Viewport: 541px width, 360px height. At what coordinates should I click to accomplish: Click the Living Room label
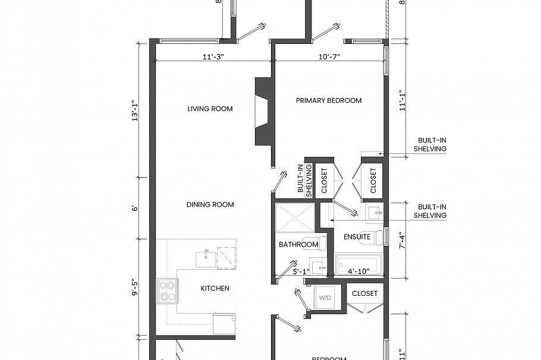210,109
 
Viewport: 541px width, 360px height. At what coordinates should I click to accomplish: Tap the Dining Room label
210,204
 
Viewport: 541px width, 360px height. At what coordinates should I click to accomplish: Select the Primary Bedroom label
329,100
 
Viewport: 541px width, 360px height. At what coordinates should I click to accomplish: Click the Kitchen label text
215,288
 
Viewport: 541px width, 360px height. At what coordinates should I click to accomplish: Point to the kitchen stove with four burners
168,290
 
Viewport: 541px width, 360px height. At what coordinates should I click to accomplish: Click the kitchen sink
206,258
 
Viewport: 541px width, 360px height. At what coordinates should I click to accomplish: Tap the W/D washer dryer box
325,297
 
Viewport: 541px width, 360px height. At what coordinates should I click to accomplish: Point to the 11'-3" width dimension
213,57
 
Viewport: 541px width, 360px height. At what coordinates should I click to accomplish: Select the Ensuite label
357,237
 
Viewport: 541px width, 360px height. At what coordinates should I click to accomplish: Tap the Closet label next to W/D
364,293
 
